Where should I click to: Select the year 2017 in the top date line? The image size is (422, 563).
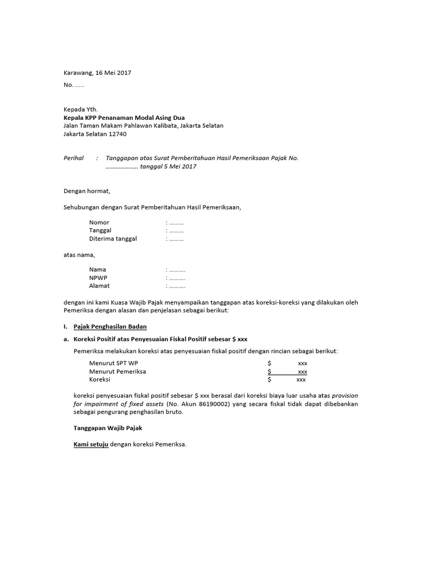tap(124, 73)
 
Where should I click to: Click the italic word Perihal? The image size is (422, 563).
tap(74, 158)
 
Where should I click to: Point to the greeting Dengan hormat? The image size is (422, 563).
tap(87, 191)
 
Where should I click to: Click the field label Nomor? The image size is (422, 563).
tap(99, 223)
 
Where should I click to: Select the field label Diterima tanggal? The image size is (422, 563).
tap(113, 239)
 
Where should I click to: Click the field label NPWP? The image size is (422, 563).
tap(99, 278)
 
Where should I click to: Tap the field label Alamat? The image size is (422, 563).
tap(99, 286)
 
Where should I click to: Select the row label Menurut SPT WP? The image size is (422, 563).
tap(114, 363)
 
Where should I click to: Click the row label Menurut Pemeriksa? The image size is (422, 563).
tap(118, 372)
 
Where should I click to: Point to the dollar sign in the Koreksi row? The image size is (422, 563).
tap(269, 380)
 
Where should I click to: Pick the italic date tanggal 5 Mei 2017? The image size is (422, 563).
tap(168, 167)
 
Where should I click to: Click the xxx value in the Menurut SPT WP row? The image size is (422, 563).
tap(302, 363)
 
